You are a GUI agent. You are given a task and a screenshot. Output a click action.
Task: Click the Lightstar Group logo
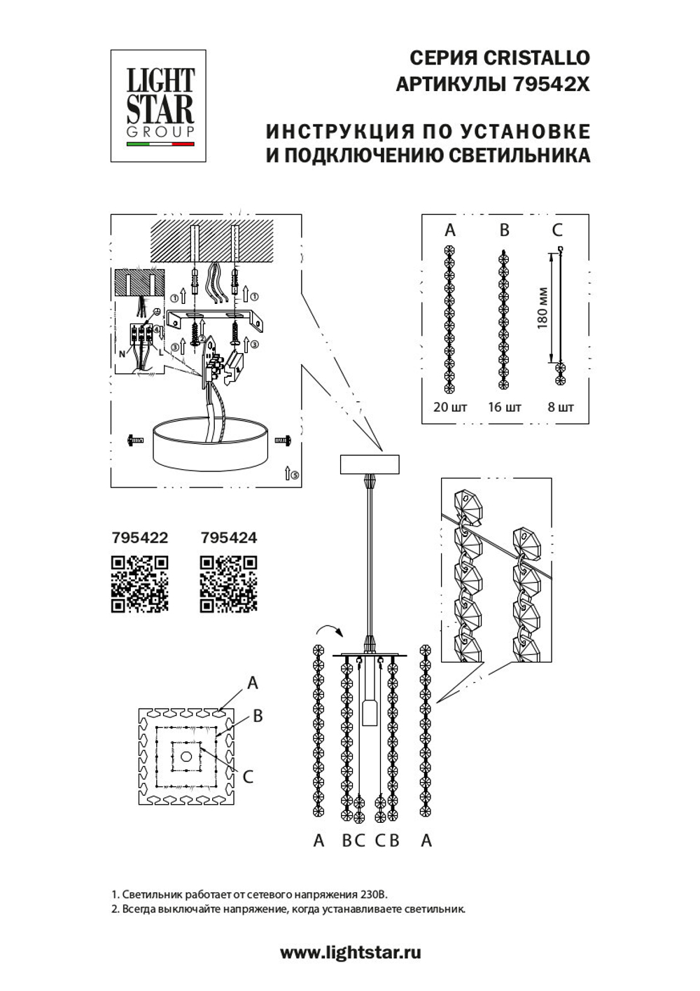[x=158, y=106]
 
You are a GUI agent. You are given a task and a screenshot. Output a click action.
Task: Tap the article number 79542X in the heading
[x=552, y=85]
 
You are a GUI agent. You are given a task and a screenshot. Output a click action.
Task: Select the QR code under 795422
[x=140, y=583]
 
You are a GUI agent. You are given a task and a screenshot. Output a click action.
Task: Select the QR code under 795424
[x=228, y=583]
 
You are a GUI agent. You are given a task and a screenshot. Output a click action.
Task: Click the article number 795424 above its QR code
[x=228, y=538]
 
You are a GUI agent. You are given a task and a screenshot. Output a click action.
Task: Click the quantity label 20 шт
[x=450, y=407]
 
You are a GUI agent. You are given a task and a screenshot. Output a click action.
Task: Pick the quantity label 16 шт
[x=504, y=407]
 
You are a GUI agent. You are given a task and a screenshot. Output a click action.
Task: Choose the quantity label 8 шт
[x=560, y=407]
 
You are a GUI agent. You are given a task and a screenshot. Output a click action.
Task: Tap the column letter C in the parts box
[x=557, y=230]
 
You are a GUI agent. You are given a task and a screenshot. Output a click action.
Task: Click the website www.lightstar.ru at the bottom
[x=350, y=952]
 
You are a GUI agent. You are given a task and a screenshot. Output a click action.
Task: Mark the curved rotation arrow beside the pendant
[x=328, y=628]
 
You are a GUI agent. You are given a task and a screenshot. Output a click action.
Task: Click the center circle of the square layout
[x=185, y=756]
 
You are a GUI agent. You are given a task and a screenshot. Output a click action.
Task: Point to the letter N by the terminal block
[x=122, y=354]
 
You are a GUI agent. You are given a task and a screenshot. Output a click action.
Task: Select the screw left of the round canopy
[x=134, y=440]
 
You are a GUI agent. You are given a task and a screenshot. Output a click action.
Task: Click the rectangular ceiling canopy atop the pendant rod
[x=369, y=464]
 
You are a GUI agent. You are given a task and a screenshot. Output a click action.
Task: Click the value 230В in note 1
[x=370, y=894]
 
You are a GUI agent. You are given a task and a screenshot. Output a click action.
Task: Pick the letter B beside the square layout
[x=258, y=716]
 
